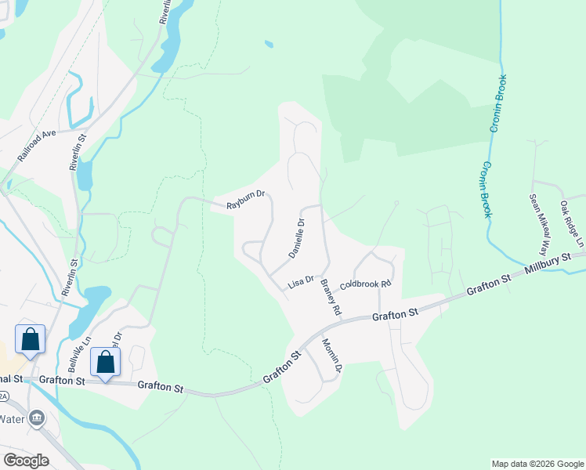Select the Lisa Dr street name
(301, 281)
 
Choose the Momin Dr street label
(333, 356)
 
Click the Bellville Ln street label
(81, 356)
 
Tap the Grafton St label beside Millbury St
(488, 284)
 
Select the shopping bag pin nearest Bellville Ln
(106, 363)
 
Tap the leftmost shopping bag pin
(30, 339)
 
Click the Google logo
(26, 461)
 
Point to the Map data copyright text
(537, 464)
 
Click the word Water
(12, 418)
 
